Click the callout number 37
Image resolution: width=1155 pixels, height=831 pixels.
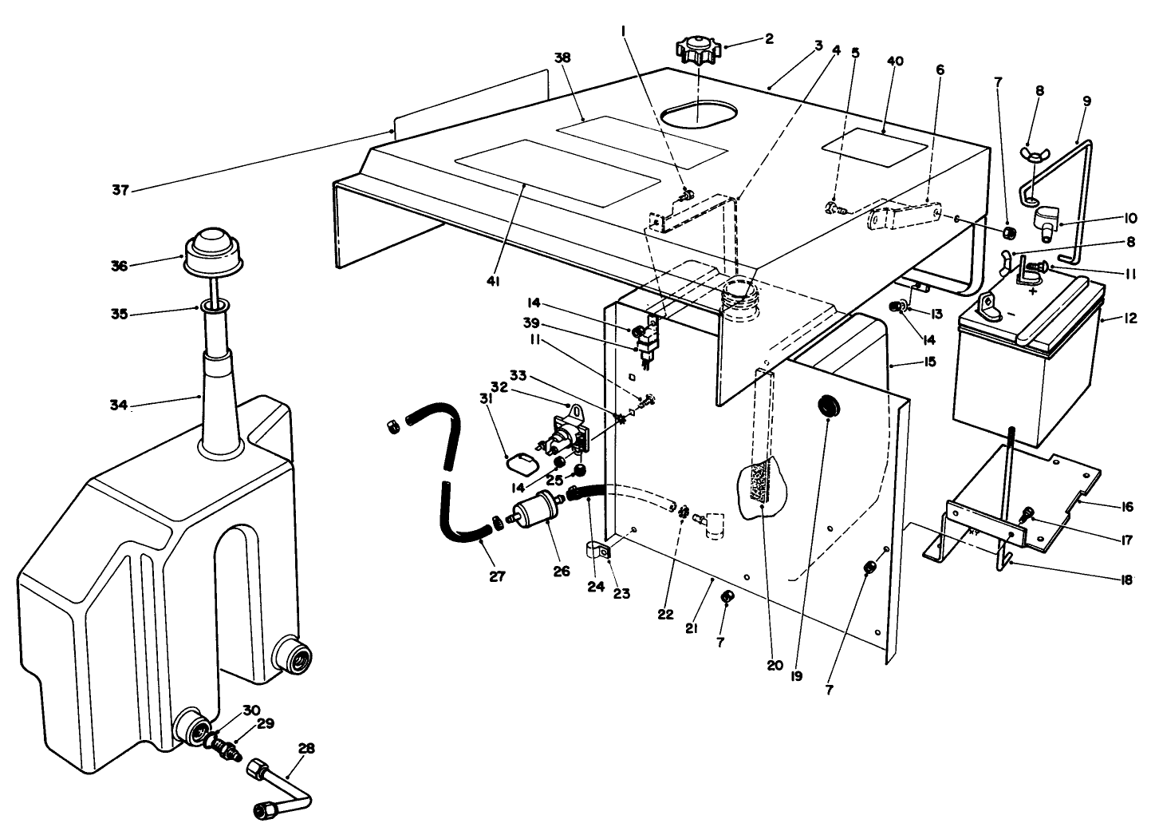[120, 190]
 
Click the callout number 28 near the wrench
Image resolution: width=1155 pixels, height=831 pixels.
[306, 749]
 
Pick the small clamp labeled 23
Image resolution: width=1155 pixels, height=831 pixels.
[595, 550]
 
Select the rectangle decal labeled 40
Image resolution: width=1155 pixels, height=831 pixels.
[873, 148]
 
